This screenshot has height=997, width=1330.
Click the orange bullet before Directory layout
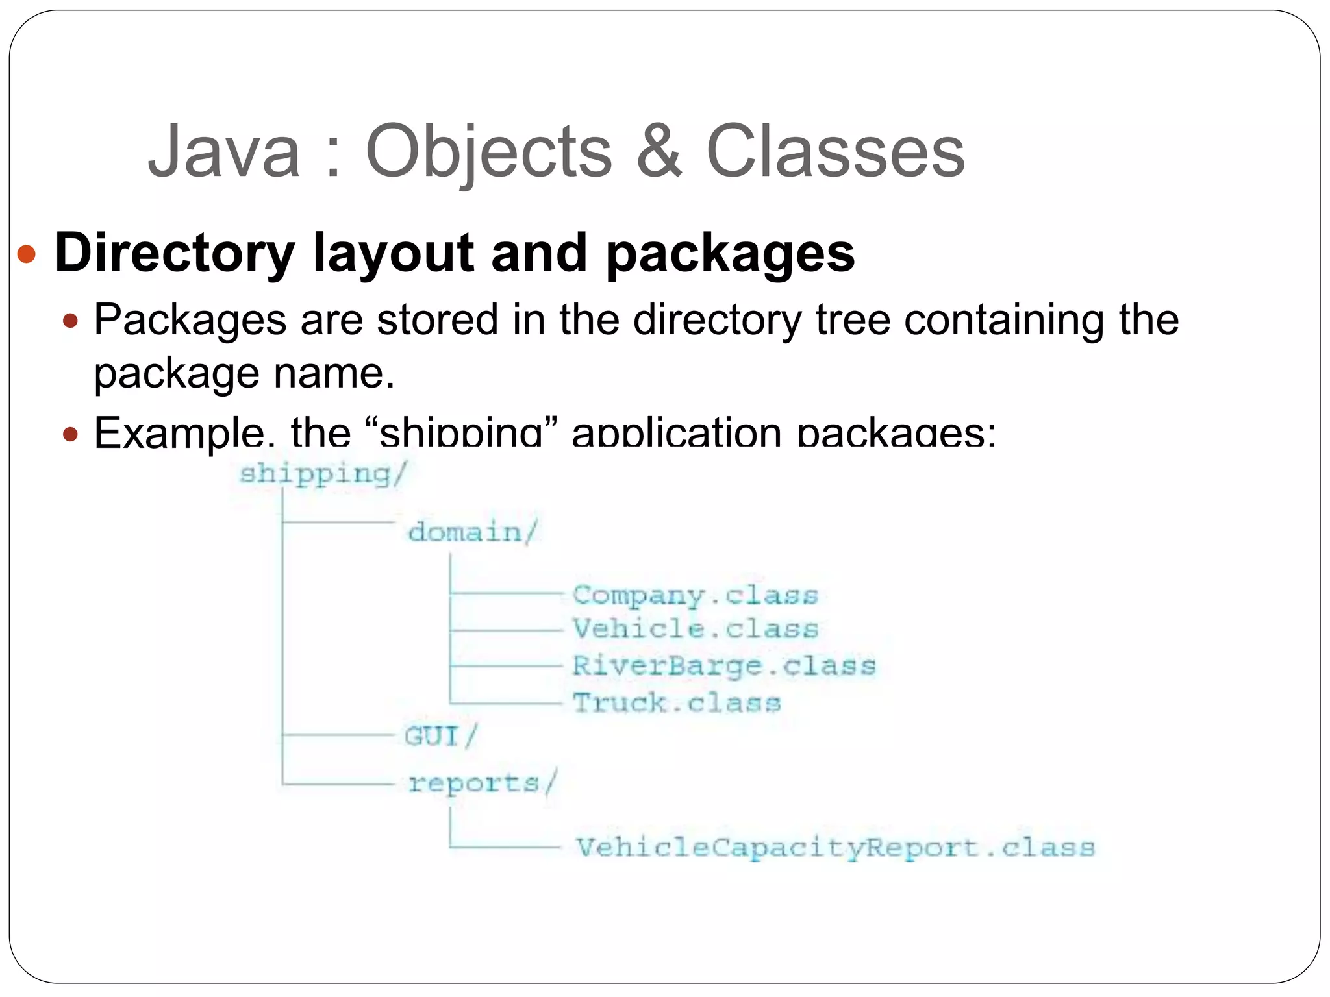pos(27,254)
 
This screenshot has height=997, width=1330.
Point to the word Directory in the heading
pos(175,254)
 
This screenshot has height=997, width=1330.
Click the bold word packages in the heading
pos(730,255)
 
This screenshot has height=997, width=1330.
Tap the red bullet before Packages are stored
pos(71,321)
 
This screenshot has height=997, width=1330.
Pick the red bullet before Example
pos(71,433)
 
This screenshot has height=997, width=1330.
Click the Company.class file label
pos(695,595)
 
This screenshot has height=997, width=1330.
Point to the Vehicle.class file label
pos(695,629)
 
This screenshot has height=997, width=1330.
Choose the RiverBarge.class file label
pos(723,666)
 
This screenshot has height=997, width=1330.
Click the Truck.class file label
pos(676,703)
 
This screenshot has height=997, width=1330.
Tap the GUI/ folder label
pos(440,736)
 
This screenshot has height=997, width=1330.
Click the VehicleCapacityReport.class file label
pos(835,848)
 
